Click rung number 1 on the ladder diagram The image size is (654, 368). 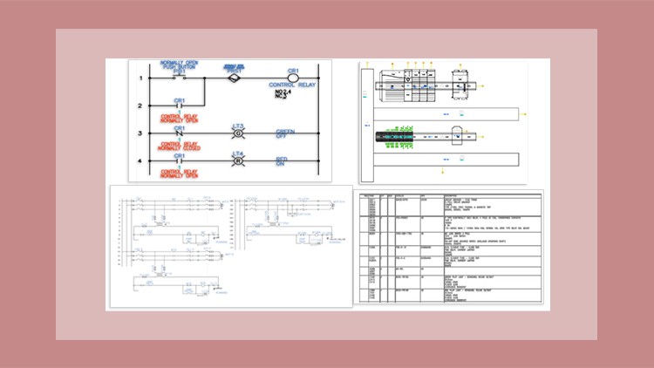click(x=140, y=79)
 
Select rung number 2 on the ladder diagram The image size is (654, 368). click(x=140, y=107)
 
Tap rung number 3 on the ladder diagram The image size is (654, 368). click(x=140, y=133)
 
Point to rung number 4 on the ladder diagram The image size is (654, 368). click(x=140, y=160)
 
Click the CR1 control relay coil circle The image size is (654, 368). click(x=293, y=78)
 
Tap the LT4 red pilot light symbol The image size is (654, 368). click(x=237, y=162)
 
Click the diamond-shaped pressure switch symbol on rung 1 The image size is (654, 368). click(x=232, y=78)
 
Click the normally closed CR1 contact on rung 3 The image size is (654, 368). click(x=179, y=134)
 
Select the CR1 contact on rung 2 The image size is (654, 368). click(x=179, y=108)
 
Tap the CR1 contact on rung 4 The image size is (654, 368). click(x=179, y=161)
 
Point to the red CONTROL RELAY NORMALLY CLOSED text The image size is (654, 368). click(x=181, y=146)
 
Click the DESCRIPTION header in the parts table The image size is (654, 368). click(x=454, y=196)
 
